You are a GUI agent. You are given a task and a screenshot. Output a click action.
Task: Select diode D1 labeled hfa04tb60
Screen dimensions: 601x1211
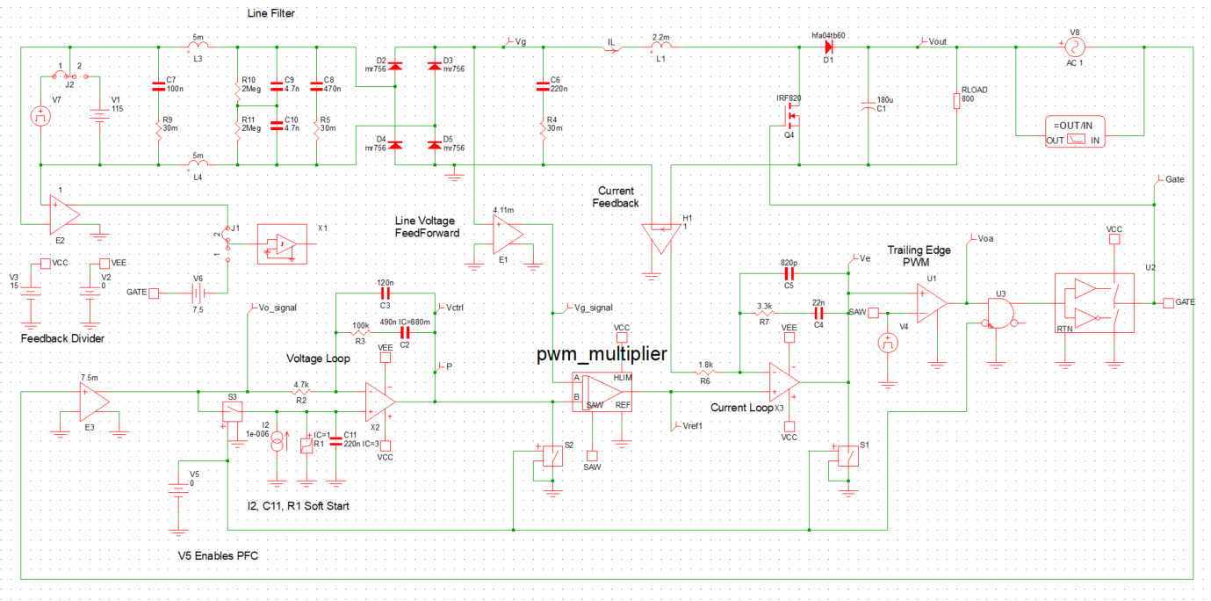[825, 48]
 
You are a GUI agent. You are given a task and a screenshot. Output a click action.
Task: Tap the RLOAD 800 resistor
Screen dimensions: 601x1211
[956, 101]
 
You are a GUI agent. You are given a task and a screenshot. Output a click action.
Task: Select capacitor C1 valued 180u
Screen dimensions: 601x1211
[869, 104]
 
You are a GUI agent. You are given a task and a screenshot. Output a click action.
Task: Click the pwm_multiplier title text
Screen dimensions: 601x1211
[602, 354]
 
